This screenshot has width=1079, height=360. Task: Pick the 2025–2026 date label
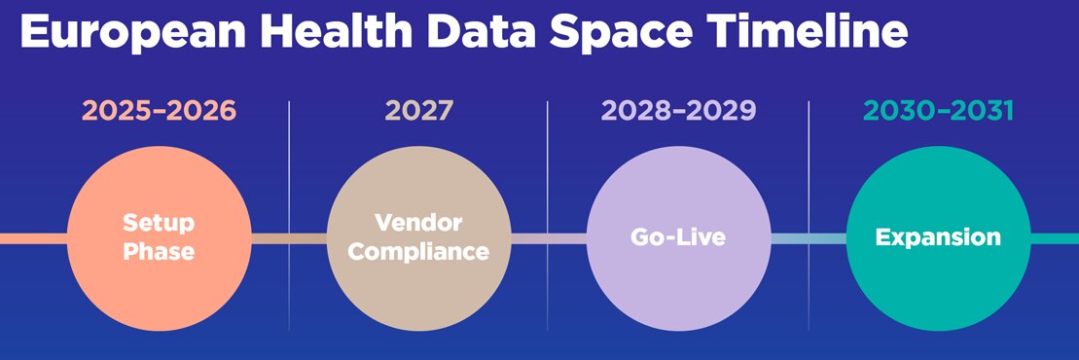click(159, 111)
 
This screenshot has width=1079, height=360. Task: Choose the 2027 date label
click(418, 111)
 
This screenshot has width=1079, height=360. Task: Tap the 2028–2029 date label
click(678, 111)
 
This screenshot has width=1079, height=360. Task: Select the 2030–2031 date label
click(938, 111)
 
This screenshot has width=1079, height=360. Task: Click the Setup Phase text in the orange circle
click(159, 236)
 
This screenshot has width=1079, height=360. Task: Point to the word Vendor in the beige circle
click(418, 223)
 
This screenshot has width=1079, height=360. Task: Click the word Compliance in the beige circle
click(418, 251)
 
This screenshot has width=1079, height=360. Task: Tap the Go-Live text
click(678, 236)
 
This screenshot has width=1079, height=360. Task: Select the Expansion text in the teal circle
click(938, 236)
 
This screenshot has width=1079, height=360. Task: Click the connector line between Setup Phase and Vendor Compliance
click(289, 237)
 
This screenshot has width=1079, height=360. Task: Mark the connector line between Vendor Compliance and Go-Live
click(548, 237)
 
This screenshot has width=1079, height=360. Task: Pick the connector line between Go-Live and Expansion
click(808, 237)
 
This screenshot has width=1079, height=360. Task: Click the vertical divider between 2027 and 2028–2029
click(548, 165)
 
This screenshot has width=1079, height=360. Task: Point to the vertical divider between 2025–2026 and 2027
click(289, 165)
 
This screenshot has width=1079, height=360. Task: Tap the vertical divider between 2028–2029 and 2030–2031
click(809, 165)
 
